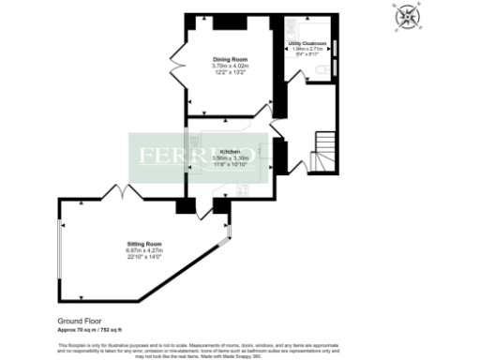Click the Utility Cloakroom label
tap(307, 43)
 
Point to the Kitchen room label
tap(231, 151)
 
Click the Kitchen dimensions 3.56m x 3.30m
tap(231, 157)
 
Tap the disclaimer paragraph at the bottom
tap(239, 349)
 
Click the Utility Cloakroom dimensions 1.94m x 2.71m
tap(307, 49)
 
